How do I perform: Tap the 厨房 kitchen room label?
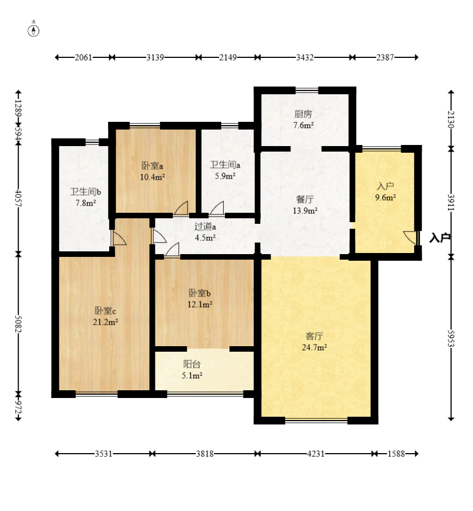pos(303,114)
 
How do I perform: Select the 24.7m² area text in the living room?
pos(314,347)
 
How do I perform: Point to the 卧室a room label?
pos(152,166)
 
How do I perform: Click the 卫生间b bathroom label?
pos(86,192)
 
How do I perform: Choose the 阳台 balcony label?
pos(192,364)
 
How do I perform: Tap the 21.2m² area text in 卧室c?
pos(105,322)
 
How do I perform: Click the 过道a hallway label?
pos(205,226)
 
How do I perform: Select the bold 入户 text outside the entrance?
pos(440,238)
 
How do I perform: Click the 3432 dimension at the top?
pos(305,57)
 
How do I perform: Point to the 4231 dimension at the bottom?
pos(315,454)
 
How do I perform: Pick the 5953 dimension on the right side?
pos(451,338)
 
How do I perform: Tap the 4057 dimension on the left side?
pos(18,198)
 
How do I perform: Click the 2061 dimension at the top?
pos(83,57)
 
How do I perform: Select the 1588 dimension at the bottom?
pos(396,454)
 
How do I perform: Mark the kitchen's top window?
pos(307,90)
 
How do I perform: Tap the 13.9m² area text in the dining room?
pos(305,211)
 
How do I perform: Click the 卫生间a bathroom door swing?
pos(217,208)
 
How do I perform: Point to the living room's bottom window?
pos(316,421)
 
